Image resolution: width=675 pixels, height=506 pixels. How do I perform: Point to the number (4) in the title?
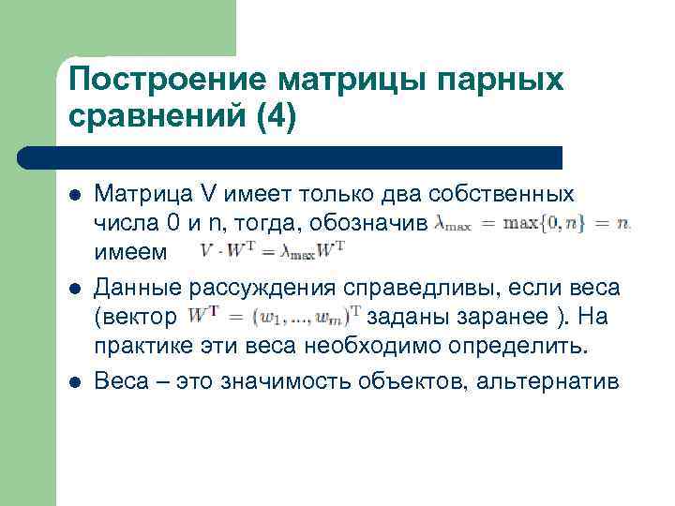[x=274, y=118]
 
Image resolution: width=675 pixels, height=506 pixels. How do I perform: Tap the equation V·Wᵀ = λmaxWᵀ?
[x=273, y=250]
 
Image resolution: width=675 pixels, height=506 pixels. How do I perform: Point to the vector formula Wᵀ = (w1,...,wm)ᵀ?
[x=275, y=316]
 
